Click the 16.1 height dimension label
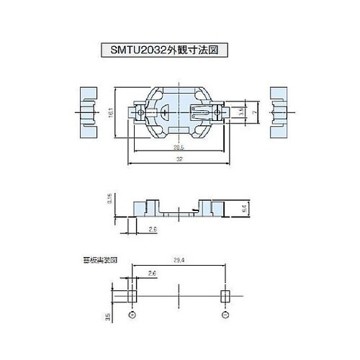[110, 114]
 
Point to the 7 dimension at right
[256, 113]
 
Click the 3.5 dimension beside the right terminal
[242, 113]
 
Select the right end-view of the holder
[278, 113]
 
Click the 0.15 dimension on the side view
[109, 198]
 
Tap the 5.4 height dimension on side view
[245, 207]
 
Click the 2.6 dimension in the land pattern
[151, 274]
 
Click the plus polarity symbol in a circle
[131, 315]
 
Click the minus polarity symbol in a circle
[225, 315]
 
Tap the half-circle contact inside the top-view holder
[165, 113]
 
